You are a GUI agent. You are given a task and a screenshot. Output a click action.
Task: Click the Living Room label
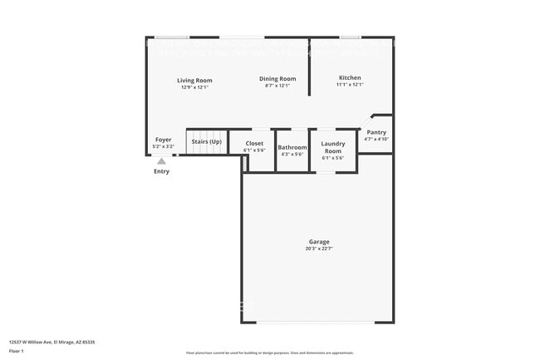tap(194, 80)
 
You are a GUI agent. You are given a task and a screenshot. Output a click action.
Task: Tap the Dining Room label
tap(278, 79)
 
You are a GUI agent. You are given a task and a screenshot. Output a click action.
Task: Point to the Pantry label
tap(376, 132)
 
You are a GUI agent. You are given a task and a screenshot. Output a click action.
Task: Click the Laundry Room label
tap(333, 146)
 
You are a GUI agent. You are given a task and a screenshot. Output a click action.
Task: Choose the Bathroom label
tap(292, 147)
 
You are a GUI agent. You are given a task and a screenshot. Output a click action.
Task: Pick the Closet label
tap(254, 143)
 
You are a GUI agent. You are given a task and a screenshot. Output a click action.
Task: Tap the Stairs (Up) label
tap(206, 141)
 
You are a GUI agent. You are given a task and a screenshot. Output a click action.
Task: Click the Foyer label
tap(163, 140)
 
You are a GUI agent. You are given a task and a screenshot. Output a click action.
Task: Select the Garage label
tap(319, 242)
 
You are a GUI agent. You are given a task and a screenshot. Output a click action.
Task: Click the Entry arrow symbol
tap(161, 160)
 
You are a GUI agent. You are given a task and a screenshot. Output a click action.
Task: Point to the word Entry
tap(161, 171)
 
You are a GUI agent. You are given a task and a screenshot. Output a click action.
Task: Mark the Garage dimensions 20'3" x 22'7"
tap(319, 249)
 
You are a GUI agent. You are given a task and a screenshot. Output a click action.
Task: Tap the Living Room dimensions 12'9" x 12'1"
tap(194, 86)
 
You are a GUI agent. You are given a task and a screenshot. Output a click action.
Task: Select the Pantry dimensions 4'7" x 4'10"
tap(376, 139)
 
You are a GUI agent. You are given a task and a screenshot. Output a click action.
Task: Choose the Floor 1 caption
tap(17, 352)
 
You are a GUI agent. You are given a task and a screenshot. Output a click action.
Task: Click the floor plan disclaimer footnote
tap(269, 354)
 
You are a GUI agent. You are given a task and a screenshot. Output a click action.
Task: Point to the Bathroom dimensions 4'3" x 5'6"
tap(292, 154)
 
